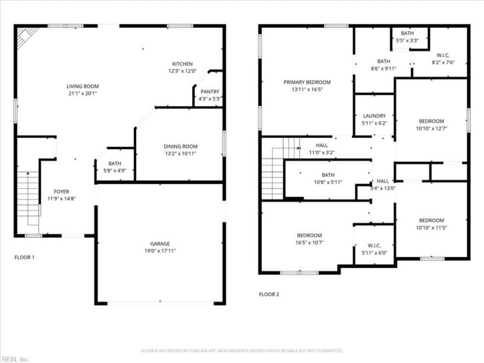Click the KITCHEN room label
(x=182, y=64)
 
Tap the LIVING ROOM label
(x=82, y=87)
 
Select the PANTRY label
(x=210, y=91)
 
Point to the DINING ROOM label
(x=180, y=146)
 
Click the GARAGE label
(x=160, y=243)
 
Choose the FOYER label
(x=62, y=191)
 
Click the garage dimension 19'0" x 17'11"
(x=160, y=250)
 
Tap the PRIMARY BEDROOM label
(x=307, y=82)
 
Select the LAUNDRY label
(x=374, y=116)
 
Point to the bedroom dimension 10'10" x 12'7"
(x=431, y=128)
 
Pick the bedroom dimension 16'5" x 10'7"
(x=309, y=243)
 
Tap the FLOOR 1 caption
(x=24, y=257)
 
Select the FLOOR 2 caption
(x=269, y=295)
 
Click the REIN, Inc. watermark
(x=16, y=359)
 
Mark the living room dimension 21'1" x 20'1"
(x=82, y=94)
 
